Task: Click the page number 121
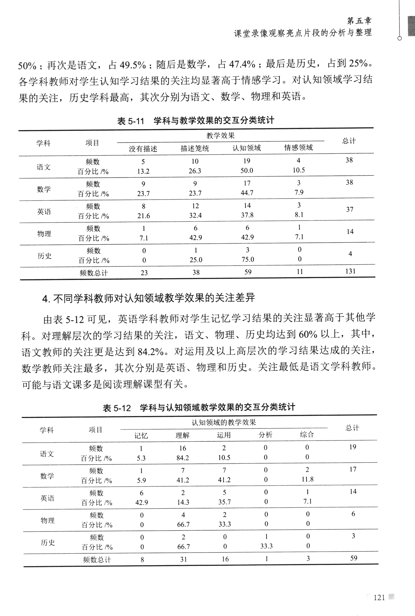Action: pos(379,598)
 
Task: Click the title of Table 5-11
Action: pos(196,121)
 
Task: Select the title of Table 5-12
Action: pos(199,408)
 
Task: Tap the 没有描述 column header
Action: pos(143,149)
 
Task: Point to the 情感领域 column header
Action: pos(298,148)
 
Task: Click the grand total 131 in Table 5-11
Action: pos(350,271)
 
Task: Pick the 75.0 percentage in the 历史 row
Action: pos(248,260)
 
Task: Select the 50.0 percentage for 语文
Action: pos(247,171)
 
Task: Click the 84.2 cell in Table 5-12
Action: pos(183,458)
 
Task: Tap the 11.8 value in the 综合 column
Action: pos(307,479)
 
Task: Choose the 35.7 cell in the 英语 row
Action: pos(224,502)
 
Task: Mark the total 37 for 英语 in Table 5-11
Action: pos(350,210)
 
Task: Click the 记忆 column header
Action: pos(141,436)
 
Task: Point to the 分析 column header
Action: pos(265,435)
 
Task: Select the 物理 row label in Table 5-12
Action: pos(48,521)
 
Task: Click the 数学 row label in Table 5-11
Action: pos(44,189)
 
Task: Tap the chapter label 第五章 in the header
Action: pos(359,21)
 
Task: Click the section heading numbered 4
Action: pos(149,298)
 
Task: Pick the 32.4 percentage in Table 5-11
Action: pos(195,215)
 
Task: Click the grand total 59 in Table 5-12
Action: pos(354,558)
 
